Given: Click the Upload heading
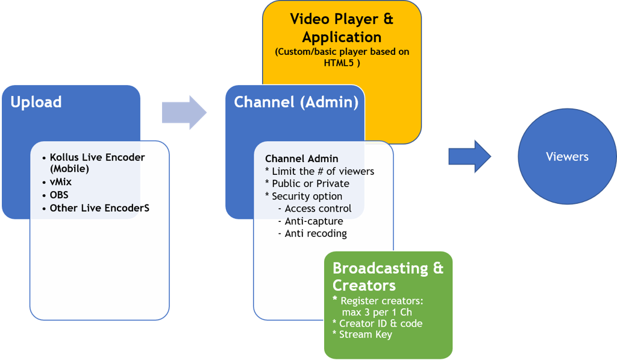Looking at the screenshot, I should click(36, 102).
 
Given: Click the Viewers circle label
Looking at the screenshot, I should click(567, 157).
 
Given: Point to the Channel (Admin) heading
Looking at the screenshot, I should click(296, 102).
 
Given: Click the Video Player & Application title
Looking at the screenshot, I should click(342, 28).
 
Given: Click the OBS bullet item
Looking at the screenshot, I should click(59, 195).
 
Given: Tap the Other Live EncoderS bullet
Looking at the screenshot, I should click(99, 208).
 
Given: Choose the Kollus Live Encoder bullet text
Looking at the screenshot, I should click(97, 157).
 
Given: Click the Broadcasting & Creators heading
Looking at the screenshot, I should click(387, 276).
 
